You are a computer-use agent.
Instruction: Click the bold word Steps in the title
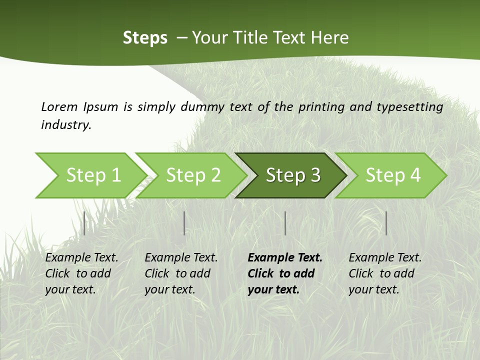145,38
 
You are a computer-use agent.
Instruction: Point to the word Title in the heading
250,38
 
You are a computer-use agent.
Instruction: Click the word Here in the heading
329,38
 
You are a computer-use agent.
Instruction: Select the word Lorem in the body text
59,106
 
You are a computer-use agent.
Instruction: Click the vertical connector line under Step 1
84,223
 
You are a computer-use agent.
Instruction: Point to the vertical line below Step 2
184,223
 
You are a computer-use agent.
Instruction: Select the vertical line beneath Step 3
285,223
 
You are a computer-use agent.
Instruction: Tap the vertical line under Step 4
386,223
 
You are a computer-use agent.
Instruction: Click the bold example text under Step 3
285,273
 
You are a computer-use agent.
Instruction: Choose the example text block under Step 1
81,273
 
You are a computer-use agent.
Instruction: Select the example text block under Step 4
385,273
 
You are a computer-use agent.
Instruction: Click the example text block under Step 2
181,273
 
